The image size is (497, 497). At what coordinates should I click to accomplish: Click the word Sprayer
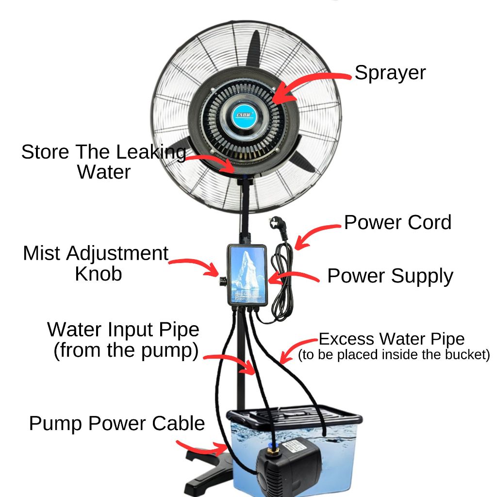pyautogui.click(x=390, y=73)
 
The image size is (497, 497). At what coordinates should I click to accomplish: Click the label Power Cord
pyautogui.click(x=398, y=222)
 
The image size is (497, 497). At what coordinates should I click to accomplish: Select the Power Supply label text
pyautogui.click(x=390, y=276)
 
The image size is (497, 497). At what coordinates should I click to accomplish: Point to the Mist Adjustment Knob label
pyautogui.click(x=96, y=263)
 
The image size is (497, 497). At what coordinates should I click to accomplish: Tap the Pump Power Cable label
pyautogui.click(x=116, y=423)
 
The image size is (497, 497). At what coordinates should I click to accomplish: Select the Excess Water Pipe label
pyautogui.click(x=391, y=338)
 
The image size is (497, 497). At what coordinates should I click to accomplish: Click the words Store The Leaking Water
pyautogui.click(x=103, y=162)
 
